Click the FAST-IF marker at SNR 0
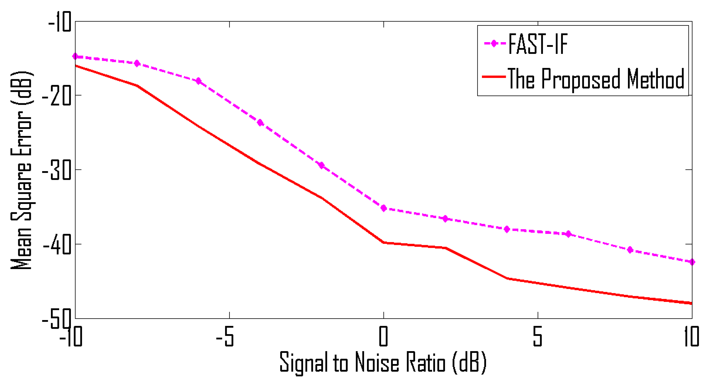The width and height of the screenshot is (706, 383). click(x=384, y=208)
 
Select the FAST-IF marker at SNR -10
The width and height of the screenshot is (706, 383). click(x=75, y=56)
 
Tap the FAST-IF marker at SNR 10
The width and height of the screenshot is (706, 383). click(x=692, y=262)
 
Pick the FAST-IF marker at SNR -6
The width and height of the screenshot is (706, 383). click(x=198, y=81)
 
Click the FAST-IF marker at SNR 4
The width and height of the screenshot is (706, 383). click(x=507, y=229)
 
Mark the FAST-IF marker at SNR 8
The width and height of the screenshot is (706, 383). click(x=630, y=250)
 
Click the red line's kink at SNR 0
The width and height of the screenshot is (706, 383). click(x=384, y=242)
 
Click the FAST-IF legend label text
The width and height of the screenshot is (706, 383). click(x=538, y=44)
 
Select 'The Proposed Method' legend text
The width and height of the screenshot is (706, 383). click(x=596, y=79)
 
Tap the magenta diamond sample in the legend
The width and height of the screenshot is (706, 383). click(x=494, y=44)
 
